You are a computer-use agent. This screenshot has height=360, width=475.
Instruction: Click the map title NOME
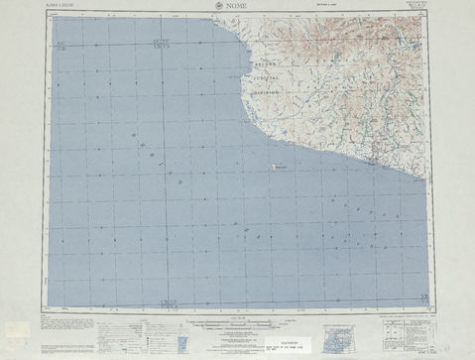[237, 9]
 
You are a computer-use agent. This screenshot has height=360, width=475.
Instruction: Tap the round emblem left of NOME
[218, 9]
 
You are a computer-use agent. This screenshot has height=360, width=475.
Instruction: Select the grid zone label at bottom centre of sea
[165, 300]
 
